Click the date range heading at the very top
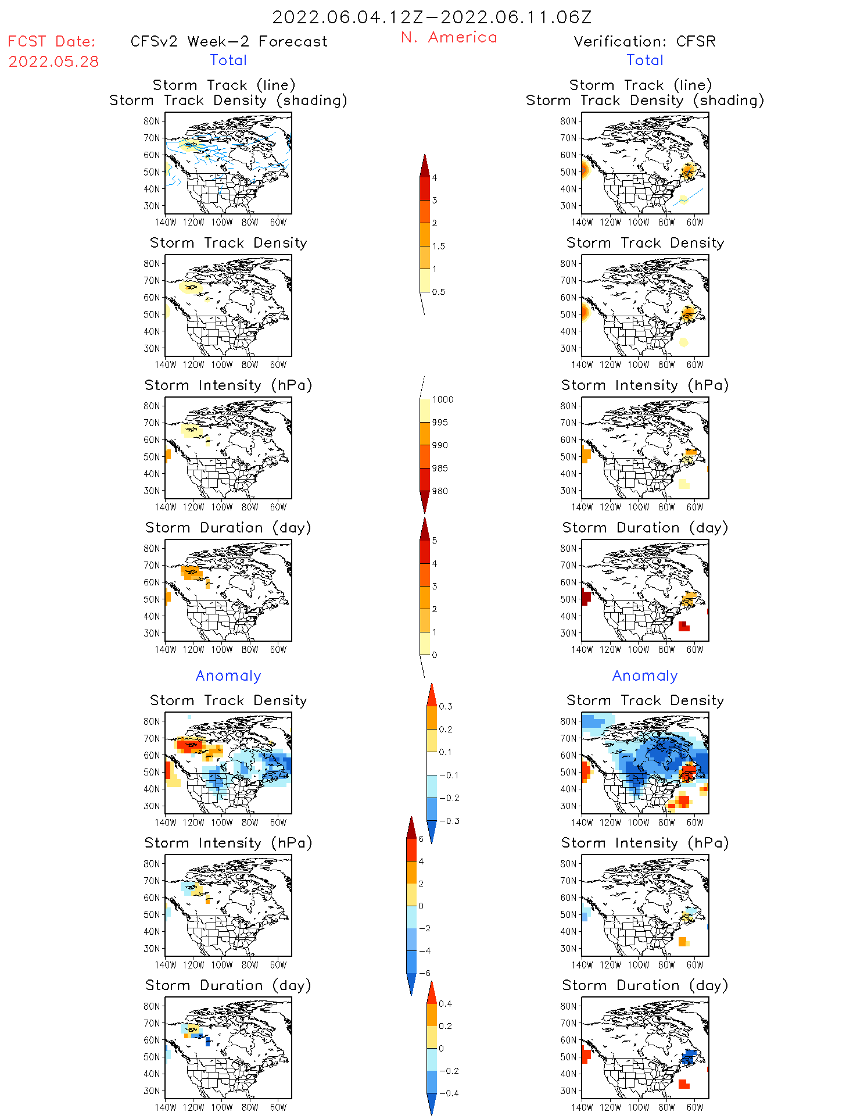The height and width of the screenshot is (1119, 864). (432, 17)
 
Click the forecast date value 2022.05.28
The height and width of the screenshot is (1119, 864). (53, 62)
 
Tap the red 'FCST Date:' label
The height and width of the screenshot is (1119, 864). (51, 42)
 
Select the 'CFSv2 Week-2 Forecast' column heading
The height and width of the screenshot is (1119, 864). (229, 42)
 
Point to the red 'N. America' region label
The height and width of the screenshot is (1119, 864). (449, 38)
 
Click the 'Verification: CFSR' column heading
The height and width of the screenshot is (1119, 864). (644, 42)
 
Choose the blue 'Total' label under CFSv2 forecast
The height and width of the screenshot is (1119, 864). (228, 60)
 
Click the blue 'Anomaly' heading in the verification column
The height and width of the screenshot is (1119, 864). (645, 676)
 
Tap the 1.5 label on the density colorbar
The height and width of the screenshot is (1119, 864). (439, 246)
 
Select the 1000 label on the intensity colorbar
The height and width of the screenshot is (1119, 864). (442, 400)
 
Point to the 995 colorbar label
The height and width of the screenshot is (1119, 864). (440, 423)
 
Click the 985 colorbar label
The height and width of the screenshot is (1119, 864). (440, 469)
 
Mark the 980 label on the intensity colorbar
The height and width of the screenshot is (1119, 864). (440, 491)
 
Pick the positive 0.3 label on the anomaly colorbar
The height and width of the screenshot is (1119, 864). (445, 707)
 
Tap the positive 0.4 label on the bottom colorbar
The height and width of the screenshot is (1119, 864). (445, 1004)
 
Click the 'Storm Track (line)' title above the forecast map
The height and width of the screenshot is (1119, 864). (224, 85)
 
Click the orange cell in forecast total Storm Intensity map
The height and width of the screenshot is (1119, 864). (168, 455)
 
